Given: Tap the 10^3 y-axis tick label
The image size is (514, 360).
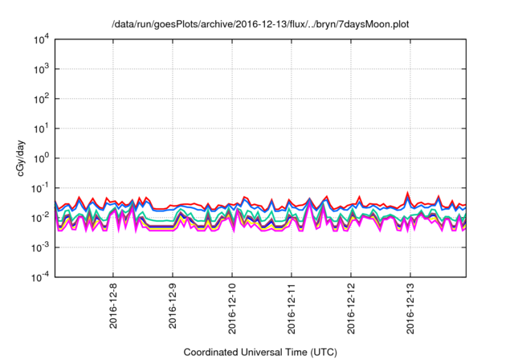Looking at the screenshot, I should pyautogui.click(x=40, y=69).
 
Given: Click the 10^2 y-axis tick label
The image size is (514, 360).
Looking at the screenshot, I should pyautogui.click(x=40, y=99).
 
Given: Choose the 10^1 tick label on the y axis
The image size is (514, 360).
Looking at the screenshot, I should pyautogui.click(x=40, y=129).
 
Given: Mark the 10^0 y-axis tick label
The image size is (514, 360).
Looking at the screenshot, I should pyautogui.click(x=40, y=158).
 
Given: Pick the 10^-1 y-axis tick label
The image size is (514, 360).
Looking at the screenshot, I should pyautogui.click(x=39, y=188).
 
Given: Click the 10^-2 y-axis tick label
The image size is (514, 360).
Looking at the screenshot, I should pyautogui.click(x=39, y=218).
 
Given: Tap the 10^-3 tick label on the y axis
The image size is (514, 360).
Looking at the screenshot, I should pyautogui.click(x=39, y=247).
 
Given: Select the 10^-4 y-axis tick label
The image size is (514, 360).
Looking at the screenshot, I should pyautogui.click(x=39, y=277).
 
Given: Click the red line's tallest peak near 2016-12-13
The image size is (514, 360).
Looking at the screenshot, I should pyautogui.click(x=409, y=193).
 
